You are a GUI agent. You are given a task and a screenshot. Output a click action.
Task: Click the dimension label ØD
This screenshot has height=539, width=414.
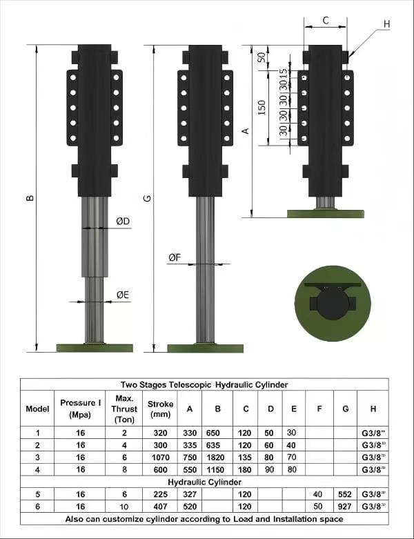(123, 221)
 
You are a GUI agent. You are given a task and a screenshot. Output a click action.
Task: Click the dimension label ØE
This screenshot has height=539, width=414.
(123, 295)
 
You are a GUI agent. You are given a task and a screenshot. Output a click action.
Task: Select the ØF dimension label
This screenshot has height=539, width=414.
(175, 257)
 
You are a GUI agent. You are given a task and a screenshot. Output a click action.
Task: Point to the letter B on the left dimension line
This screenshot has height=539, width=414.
(29, 199)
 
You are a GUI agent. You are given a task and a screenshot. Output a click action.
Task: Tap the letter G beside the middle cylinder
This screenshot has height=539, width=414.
(148, 199)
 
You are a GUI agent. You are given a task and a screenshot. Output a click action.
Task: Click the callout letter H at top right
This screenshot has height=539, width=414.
(386, 23)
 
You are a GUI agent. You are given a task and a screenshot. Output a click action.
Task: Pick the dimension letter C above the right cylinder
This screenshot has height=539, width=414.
(326, 21)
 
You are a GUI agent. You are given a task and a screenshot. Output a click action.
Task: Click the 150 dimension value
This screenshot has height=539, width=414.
(262, 108)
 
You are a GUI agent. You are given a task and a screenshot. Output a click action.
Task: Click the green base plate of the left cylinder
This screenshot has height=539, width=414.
(95, 347)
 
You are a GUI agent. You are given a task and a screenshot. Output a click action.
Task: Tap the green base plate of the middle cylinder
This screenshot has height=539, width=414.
(205, 347)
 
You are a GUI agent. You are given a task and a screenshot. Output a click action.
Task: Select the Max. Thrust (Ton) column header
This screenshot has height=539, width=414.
(124, 409)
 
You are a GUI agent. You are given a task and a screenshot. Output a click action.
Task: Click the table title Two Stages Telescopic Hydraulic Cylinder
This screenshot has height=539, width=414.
(204, 384)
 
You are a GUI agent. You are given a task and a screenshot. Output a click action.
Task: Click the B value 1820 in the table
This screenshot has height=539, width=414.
(217, 457)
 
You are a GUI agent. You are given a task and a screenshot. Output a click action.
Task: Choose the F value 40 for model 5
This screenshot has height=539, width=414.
(319, 494)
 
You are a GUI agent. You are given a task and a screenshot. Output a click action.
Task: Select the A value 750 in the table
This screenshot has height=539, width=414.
(189, 457)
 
